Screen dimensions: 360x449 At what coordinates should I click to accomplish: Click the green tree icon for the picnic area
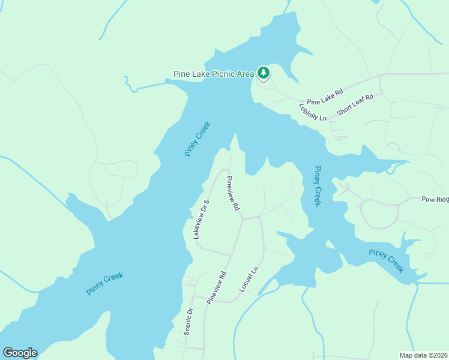[263, 73]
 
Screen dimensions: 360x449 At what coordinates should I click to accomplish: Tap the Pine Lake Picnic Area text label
[214, 74]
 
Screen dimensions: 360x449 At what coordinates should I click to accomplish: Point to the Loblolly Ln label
[312, 112]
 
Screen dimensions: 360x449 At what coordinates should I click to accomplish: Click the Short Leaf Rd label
[355, 104]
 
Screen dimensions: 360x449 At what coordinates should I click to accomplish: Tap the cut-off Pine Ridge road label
[435, 199]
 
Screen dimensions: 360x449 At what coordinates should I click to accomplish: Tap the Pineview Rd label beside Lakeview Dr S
[233, 193]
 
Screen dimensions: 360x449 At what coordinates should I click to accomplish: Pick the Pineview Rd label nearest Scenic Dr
[216, 287]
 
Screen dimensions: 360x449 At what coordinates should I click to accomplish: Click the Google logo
[20, 353]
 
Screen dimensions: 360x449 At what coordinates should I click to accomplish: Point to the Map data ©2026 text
[423, 355]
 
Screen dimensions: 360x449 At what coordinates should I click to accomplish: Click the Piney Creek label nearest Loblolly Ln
[315, 187]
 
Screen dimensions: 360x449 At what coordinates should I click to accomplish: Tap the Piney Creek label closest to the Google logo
[104, 284]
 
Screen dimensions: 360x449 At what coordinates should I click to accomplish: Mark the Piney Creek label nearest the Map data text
[387, 261]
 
